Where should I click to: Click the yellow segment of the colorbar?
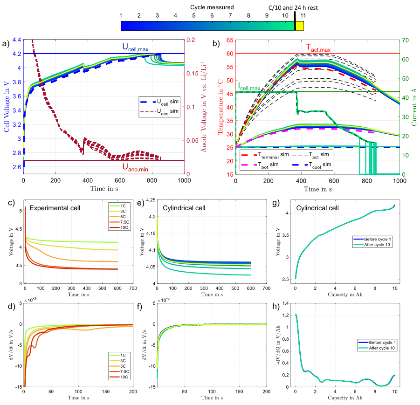[300, 26]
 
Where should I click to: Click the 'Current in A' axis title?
[412, 107]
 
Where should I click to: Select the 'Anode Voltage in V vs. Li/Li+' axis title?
[204, 107]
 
